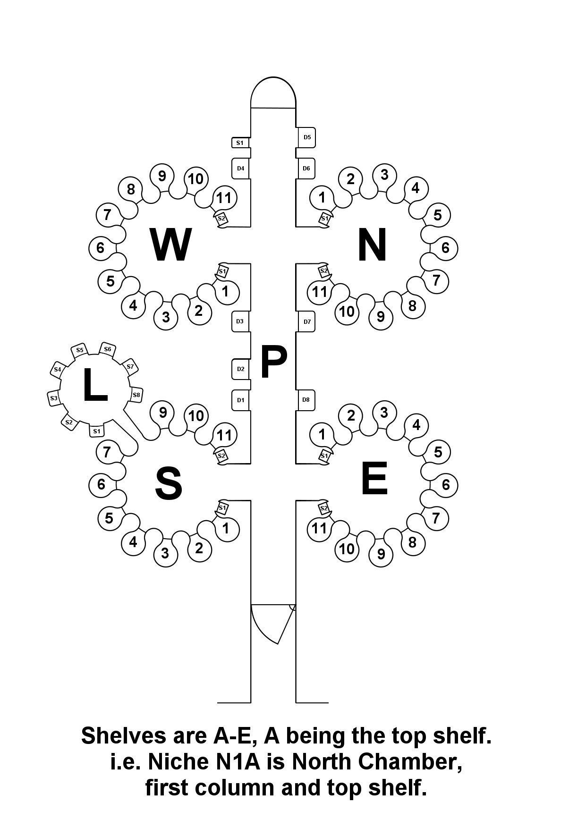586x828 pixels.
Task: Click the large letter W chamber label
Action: [171, 245]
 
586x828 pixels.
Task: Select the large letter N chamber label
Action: [373, 245]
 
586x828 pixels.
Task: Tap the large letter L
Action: [95, 385]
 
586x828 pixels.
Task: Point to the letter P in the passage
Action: [273, 362]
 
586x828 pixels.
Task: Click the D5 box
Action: [306, 137]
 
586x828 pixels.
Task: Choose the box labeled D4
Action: [241, 169]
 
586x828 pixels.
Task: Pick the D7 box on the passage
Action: [306, 322]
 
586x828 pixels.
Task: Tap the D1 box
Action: [241, 400]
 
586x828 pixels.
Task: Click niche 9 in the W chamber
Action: [162, 176]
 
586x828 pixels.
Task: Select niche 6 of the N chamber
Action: [446, 247]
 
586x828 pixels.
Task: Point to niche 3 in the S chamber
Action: [165, 553]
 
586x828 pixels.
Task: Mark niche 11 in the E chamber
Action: [320, 528]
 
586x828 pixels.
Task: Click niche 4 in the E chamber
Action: [416, 425]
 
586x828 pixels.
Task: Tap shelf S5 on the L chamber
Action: [79, 350]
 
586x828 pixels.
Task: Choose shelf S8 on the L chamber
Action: [136, 395]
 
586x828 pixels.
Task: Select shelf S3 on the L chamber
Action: [54, 398]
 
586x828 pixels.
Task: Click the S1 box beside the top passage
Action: [240, 142]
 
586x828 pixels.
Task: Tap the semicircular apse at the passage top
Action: [273, 93]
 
